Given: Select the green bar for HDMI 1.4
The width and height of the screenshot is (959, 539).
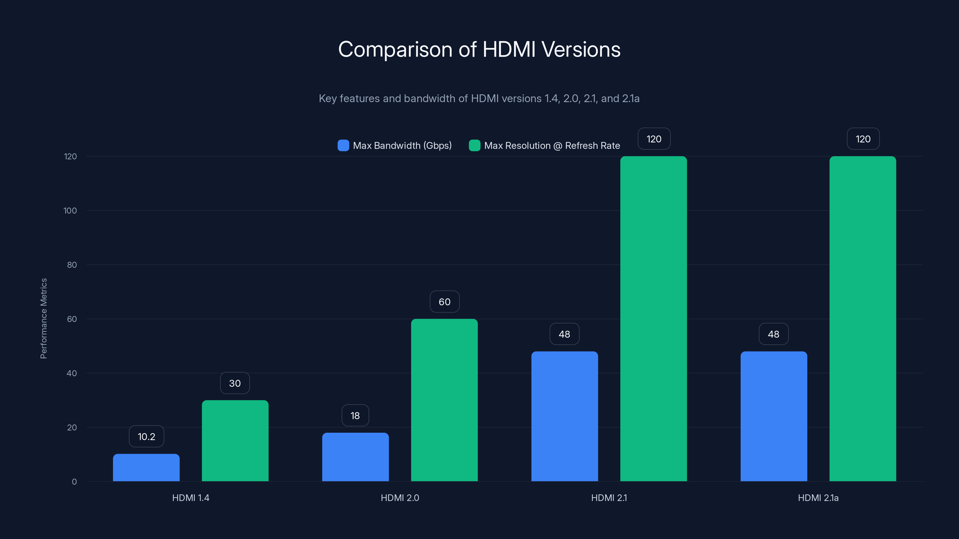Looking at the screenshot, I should point(235,441).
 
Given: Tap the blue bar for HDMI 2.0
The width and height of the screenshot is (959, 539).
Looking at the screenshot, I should point(355,457).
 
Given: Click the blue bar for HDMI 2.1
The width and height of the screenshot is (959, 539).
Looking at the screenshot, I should point(564,416).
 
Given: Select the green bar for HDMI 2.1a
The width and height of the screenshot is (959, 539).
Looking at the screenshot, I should point(863,319).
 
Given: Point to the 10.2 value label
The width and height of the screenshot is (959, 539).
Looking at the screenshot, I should point(146,436).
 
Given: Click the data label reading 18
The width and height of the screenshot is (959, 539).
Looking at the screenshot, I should point(355,416).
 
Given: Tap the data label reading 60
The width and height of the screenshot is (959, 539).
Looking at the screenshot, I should point(444,302).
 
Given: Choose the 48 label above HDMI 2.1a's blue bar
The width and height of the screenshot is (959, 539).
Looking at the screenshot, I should point(773,334).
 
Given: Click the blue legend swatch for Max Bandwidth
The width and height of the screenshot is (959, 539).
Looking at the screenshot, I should point(343,146).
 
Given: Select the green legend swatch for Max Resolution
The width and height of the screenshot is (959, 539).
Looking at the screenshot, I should point(474,146).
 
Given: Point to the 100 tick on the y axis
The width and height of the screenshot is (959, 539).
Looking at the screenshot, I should point(70,211).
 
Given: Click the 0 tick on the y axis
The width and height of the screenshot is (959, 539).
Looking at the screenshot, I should point(74,482).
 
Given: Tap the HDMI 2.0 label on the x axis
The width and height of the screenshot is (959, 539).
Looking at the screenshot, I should point(400,498).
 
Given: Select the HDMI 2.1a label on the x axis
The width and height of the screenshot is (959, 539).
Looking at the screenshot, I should point(818,498).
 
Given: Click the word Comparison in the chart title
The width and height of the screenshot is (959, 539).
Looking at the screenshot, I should point(395,49).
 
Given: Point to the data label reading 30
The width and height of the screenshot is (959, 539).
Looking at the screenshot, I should point(235,383).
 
